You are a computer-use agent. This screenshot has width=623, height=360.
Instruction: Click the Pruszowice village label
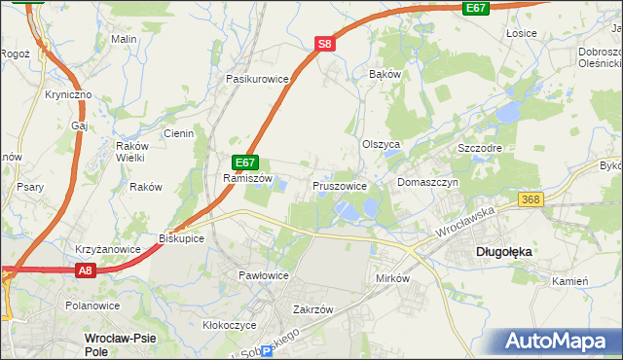coord(340,185)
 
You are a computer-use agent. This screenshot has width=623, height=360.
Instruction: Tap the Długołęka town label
coord(503,251)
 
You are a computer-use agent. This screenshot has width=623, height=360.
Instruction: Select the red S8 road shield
coord(325,44)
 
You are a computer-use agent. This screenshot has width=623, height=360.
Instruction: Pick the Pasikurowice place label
coord(258,78)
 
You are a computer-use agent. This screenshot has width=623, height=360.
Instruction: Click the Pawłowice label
coord(264,275)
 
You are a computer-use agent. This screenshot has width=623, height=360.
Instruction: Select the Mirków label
coord(394,278)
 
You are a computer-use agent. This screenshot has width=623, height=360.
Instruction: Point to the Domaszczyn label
coord(427,182)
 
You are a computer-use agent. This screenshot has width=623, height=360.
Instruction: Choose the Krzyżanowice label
coord(107,249)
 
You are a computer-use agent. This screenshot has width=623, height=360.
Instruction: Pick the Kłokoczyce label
coord(229,325)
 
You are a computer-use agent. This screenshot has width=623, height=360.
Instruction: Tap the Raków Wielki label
coord(129,151)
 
